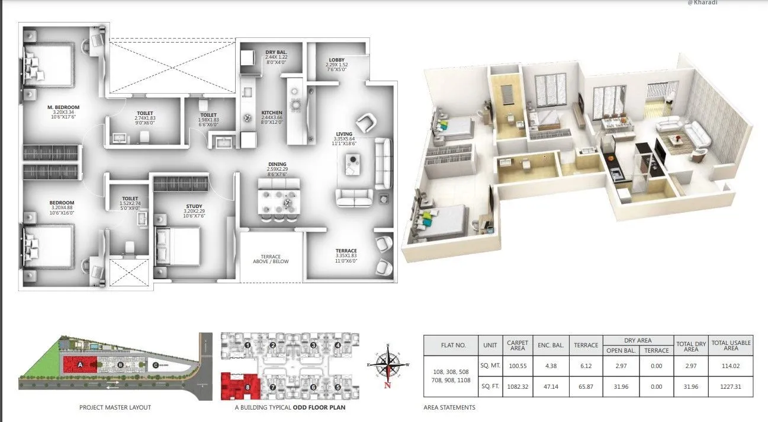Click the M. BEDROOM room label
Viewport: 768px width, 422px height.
coord(63,107)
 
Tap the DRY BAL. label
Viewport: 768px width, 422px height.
coord(276,52)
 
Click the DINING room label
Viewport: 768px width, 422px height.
coord(277,164)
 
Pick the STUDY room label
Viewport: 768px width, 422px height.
coord(194,206)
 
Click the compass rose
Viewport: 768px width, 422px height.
coord(387,363)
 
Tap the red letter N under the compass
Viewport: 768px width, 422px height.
coord(387,385)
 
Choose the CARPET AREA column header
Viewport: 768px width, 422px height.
coord(517,346)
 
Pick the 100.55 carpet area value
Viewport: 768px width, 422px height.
coord(517,366)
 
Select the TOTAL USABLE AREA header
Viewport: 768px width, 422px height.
coord(731,346)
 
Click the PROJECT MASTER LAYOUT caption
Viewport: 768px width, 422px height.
coord(115,407)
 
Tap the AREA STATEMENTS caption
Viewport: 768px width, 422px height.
coord(449,408)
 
